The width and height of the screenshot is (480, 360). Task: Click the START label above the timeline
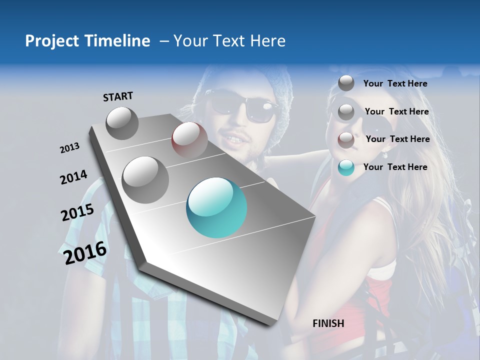118,96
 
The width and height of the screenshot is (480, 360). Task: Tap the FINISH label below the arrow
328,323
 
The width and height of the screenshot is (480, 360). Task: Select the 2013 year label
69,148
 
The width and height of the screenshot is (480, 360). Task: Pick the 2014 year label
73,177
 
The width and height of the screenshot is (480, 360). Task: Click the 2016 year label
85,253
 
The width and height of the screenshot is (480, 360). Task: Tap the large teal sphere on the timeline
216,207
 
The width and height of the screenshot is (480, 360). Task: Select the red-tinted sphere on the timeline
189,140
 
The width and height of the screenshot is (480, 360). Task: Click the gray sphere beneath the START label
122,123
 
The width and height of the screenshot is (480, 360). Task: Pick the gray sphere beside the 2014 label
145,179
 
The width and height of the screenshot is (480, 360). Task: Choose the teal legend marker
346,167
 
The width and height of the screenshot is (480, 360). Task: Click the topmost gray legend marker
346,83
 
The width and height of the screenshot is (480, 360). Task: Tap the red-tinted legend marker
346,140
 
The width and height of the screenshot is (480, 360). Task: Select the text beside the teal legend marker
395,167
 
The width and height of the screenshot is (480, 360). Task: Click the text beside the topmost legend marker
395,83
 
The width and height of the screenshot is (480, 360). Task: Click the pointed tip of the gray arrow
272,324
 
